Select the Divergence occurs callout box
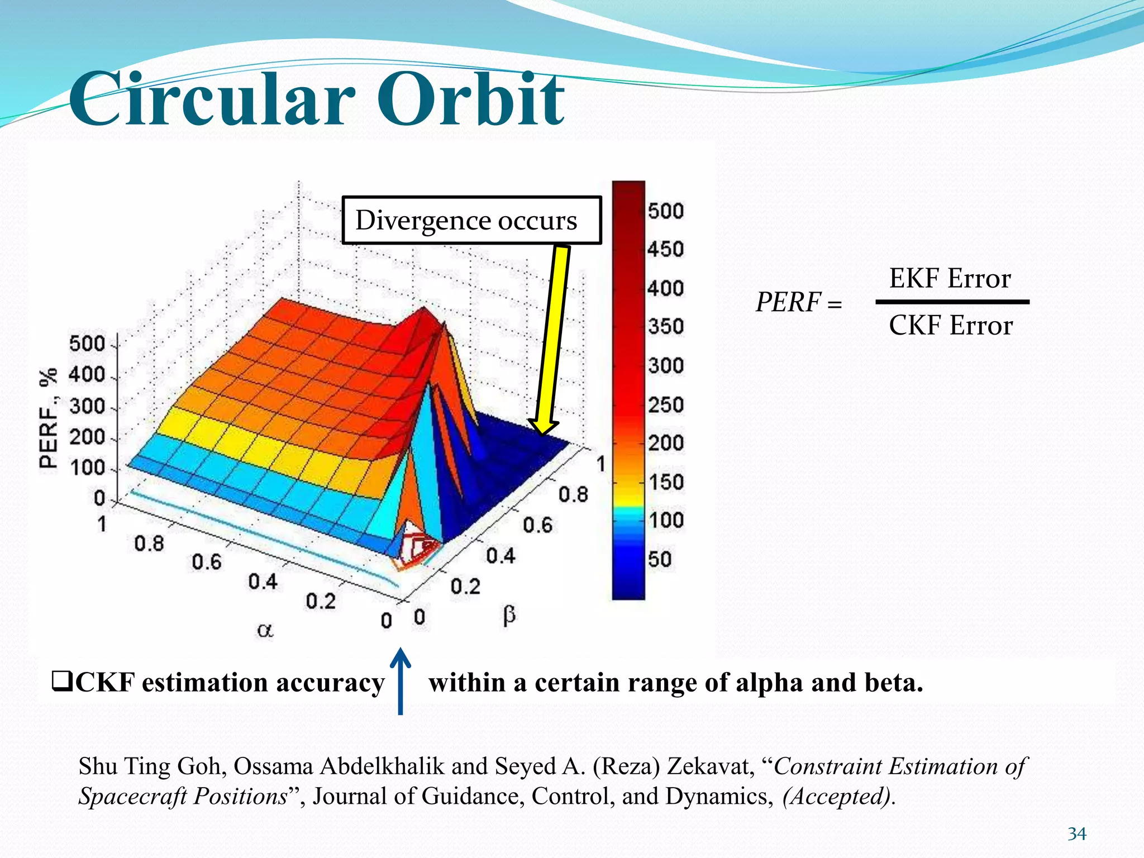[471, 220]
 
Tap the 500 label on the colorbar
[665, 211]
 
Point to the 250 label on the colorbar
[665, 404]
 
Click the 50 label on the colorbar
[659, 559]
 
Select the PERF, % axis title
[49, 418]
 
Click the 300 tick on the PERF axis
[87, 406]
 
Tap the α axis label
[265, 630]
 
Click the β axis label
[509, 616]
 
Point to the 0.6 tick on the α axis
[206, 562]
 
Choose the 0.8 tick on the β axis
[573, 494]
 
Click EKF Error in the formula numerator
[950, 278]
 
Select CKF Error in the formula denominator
[950, 325]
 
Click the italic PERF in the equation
[788, 302]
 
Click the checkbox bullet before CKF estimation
[61, 682]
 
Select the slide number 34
[1076, 834]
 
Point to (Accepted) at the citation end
[837, 796]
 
